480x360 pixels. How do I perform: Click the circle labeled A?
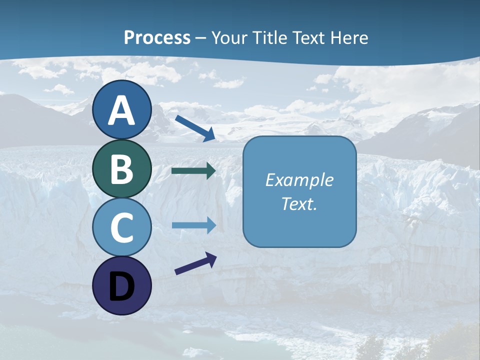pos(122,110)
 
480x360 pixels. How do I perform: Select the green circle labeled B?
pos(122,169)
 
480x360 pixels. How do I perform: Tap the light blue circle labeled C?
pos(122,227)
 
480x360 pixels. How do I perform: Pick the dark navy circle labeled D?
pos(122,285)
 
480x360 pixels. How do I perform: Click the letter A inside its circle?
pos(122,110)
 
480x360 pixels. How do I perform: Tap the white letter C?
pos(122,227)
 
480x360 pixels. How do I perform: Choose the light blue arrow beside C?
pos(194,225)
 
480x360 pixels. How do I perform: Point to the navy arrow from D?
pos(195,263)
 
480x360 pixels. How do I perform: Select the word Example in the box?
pos(299,180)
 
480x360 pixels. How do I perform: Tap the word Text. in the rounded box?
pos(299,203)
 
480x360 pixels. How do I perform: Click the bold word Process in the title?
pos(157,37)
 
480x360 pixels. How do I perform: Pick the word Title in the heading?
pos(270,37)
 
